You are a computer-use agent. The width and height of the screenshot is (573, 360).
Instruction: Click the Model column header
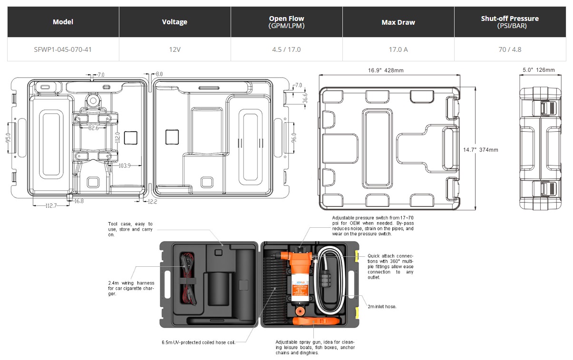tap(63, 22)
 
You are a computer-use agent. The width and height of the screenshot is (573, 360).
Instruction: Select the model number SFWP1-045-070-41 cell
tap(63, 49)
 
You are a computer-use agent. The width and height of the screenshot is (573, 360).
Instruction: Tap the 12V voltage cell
tap(175, 49)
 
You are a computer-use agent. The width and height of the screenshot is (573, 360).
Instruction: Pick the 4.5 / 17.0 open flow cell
tap(286, 49)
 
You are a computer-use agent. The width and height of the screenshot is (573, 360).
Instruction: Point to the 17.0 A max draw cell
tap(398, 49)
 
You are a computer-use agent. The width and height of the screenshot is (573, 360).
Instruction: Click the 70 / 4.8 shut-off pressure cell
tap(510, 49)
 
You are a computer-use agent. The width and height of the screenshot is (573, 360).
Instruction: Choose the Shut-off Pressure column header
tap(510, 22)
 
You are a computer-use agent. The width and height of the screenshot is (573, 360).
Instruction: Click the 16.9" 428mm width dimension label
tap(386, 70)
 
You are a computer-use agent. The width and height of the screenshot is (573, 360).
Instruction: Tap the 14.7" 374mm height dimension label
tap(481, 150)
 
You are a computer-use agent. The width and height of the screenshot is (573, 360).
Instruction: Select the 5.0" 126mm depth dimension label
tap(539, 70)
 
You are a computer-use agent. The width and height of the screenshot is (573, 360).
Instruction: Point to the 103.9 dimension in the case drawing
tap(125, 165)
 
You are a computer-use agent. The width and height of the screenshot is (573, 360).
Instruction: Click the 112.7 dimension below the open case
tap(51, 206)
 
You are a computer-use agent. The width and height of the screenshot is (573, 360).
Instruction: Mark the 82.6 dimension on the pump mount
tap(93, 128)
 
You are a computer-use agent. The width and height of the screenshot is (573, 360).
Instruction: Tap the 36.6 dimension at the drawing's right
tap(305, 98)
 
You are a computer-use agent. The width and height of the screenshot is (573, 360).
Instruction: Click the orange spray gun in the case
tap(316, 321)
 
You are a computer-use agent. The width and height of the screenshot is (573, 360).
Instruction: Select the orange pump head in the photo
tap(296, 260)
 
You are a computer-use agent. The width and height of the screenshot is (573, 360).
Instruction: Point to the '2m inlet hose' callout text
tap(382, 307)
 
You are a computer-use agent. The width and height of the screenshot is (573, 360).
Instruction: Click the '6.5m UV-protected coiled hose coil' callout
tap(198, 342)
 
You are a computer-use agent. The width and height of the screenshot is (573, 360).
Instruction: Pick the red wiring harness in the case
tap(188, 279)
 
